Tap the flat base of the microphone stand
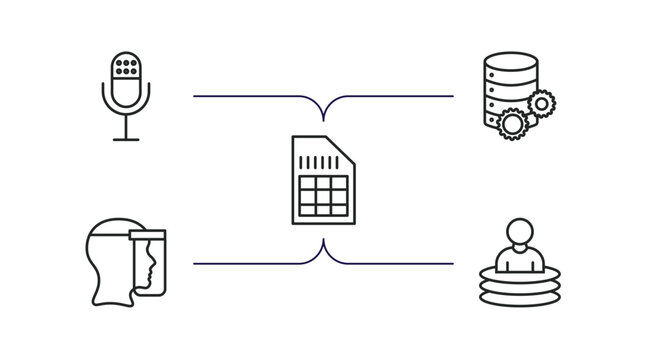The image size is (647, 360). [x=126, y=140]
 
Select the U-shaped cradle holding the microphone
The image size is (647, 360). [x=126, y=104]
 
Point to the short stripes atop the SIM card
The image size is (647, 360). [x=319, y=159]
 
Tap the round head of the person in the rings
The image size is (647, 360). [x=518, y=231]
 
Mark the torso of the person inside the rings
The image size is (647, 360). [x=518, y=259]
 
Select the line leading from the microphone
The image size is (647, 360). [x=250, y=96]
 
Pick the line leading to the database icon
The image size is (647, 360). [x=400, y=96]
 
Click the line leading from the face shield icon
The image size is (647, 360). [x=250, y=264]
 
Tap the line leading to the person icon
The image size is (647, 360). [x=400, y=264]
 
